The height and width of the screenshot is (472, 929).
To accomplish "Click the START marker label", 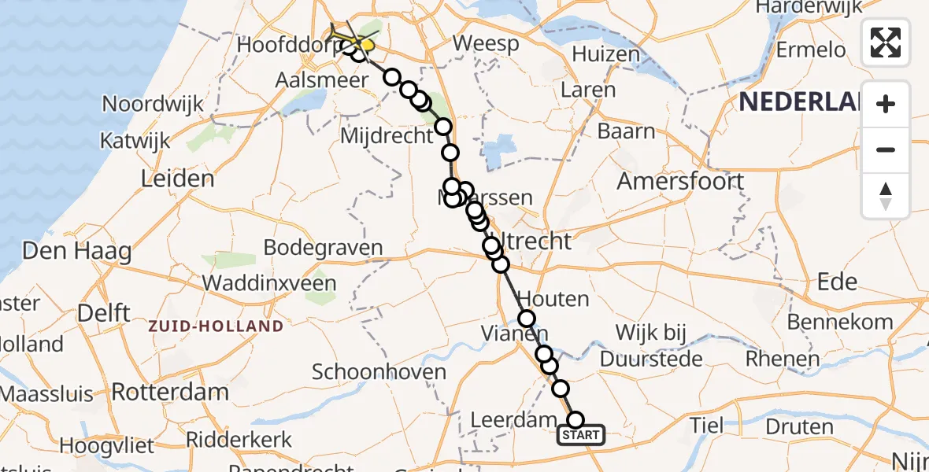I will click(x=581, y=435).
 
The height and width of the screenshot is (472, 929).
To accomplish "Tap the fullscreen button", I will click(x=886, y=42).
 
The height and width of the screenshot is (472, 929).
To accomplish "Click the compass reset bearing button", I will click(x=886, y=195).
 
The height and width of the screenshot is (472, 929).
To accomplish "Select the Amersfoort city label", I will click(x=680, y=181).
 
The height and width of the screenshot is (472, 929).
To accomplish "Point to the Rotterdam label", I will click(x=170, y=391).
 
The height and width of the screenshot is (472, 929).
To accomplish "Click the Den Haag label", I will click(x=77, y=251).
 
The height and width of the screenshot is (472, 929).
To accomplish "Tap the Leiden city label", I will click(x=177, y=179).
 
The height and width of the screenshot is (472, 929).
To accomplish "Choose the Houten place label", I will click(x=554, y=299).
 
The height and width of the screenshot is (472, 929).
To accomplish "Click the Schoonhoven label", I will click(x=379, y=372).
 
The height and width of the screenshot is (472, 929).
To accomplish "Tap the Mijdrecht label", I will click(x=386, y=135).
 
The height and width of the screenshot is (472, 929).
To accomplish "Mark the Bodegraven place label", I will click(x=323, y=247).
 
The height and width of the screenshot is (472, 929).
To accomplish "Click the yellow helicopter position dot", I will click(x=368, y=45).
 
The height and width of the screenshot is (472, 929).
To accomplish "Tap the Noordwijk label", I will click(x=153, y=104).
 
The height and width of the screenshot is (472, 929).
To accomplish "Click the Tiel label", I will click(x=706, y=426).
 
